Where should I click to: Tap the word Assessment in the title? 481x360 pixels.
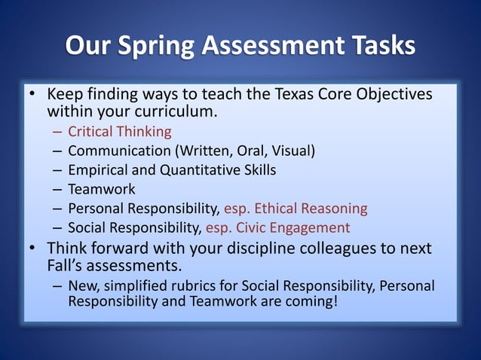(270, 46)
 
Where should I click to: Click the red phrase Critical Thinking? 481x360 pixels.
(120, 132)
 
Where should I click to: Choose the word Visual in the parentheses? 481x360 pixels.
(290, 151)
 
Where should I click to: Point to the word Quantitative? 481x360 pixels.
(202, 170)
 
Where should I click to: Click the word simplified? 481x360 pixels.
(139, 286)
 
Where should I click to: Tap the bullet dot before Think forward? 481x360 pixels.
(32, 248)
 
